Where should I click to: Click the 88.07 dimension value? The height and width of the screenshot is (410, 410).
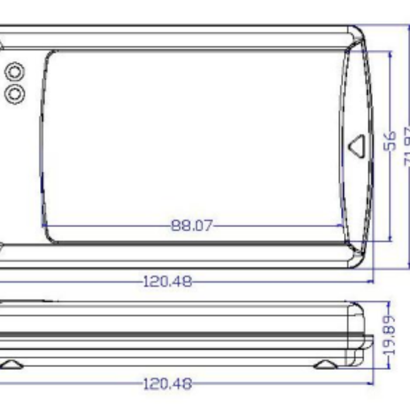192,225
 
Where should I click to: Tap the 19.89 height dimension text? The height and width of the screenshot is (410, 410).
388,334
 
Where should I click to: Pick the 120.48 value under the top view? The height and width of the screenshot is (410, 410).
168,281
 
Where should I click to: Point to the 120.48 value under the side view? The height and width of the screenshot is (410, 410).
168,384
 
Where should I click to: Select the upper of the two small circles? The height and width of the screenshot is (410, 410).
15,72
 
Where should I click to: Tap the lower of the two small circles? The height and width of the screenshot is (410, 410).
15,93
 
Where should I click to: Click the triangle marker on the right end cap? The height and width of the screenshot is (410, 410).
357,145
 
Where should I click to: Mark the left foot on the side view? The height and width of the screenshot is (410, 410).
11,364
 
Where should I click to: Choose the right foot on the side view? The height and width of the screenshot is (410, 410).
325,364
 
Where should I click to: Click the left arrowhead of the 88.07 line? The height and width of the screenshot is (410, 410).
45,225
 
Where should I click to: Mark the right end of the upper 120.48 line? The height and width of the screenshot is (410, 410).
371,281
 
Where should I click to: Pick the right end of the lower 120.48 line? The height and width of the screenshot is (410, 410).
371,384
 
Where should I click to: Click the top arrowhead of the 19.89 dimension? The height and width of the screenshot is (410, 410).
389,305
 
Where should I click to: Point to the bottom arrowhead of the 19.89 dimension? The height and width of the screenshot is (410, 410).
389,367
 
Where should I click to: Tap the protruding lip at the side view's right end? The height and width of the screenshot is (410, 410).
369,341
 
